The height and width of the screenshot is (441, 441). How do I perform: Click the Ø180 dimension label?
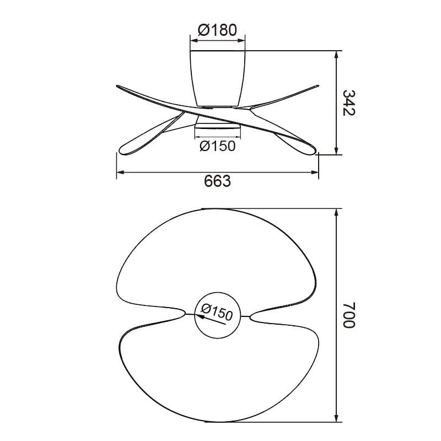[x=217, y=30]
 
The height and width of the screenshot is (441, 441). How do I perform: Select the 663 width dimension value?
[x=217, y=182]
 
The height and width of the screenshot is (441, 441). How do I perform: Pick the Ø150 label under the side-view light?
[x=217, y=146]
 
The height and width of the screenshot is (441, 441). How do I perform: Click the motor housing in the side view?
[x=217, y=77]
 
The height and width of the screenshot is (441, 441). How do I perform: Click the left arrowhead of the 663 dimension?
[x=119, y=173]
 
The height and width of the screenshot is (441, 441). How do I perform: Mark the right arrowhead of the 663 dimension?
[x=316, y=173]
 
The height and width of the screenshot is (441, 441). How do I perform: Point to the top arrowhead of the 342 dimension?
[x=337, y=54]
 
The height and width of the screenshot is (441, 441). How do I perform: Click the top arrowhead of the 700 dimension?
[x=337, y=212]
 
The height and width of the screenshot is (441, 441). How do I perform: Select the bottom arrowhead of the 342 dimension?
[x=337, y=152]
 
